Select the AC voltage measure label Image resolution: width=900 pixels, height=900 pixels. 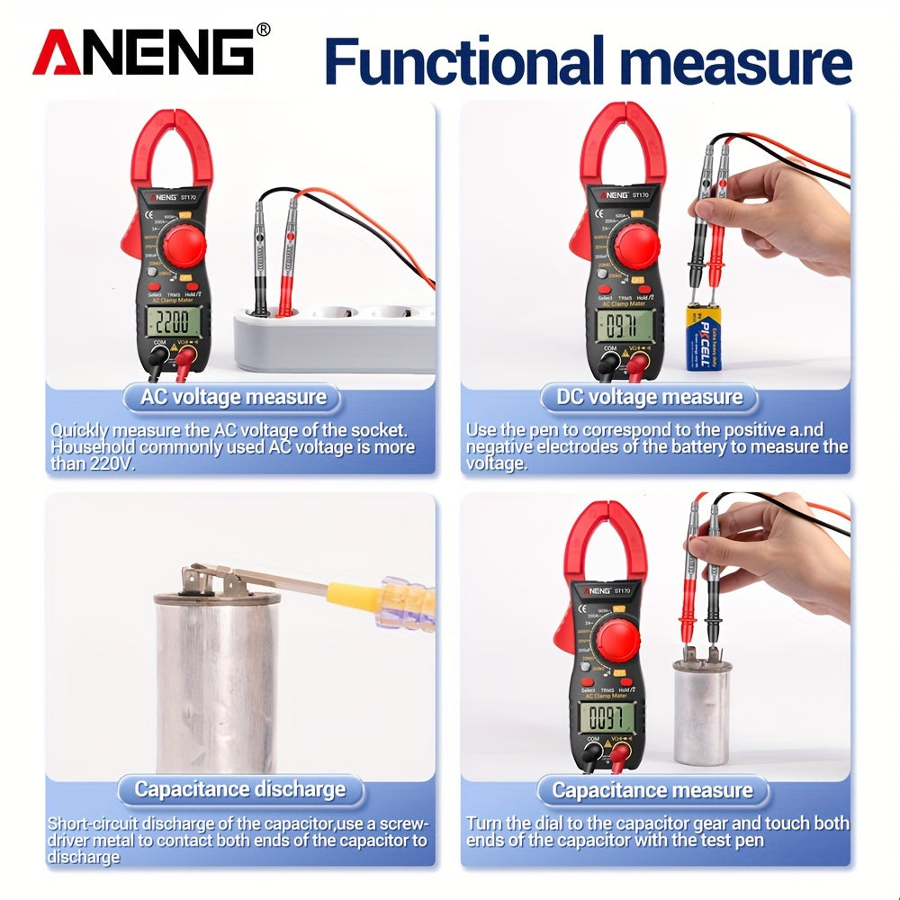233,397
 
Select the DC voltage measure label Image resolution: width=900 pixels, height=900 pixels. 648,397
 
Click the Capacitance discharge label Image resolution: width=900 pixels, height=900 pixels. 239,790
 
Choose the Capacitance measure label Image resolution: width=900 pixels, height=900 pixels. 652,790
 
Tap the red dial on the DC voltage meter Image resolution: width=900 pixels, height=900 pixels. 637,246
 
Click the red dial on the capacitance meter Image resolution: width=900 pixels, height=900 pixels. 617,638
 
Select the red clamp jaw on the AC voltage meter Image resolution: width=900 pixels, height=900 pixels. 171,144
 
